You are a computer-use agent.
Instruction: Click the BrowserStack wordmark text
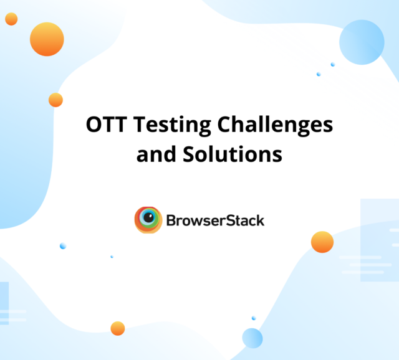[x=215, y=220]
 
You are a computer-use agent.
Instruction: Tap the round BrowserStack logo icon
[x=148, y=220]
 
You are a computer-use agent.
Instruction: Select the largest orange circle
[x=47, y=39]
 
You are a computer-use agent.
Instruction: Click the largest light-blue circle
[x=362, y=42]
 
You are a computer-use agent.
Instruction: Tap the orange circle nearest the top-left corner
[x=11, y=19]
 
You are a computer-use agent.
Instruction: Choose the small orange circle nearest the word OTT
[x=55, y=100]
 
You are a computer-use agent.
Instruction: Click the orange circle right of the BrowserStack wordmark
[x=322, y=242]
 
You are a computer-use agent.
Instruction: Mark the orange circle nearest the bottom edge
[x=117, y=328]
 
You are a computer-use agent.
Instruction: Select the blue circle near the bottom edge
[x=252, y=338]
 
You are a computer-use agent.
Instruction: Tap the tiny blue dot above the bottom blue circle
[x=254, y=318]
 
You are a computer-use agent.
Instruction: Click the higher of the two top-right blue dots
[x=333, y=64]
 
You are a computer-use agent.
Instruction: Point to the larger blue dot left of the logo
[x=62, y=246]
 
